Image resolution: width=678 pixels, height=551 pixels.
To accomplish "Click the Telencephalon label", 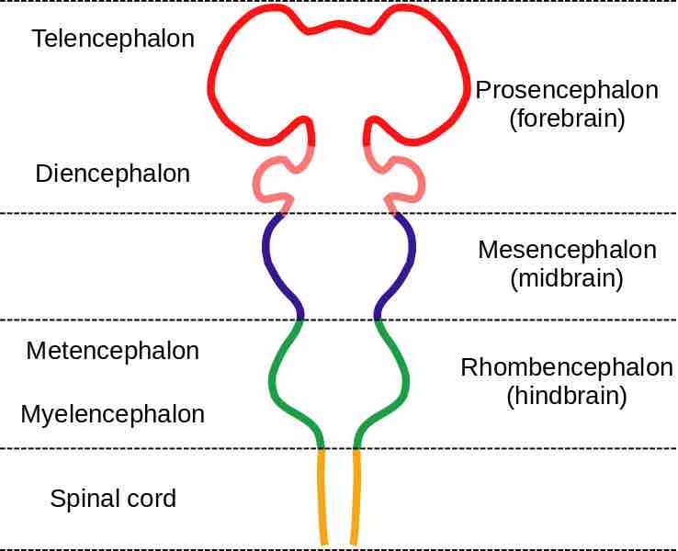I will click(x=112, y=39).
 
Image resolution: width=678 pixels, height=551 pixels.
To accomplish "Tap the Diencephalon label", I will click(x=112, y=174).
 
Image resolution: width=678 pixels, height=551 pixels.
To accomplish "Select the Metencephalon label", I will click(x=112, y=351).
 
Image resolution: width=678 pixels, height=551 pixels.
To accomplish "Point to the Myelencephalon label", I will click(x=112, y=414).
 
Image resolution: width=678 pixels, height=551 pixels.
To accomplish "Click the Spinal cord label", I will click(x=112, y=500).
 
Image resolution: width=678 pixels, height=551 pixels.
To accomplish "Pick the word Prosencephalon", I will click(x=566, y=90).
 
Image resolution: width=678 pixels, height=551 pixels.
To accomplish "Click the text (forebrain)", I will click(x=566, y=119).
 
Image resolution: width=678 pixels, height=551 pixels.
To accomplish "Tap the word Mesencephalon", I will click(x=566, y=250).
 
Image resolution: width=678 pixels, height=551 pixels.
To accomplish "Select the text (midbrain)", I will click(x=566, y=279).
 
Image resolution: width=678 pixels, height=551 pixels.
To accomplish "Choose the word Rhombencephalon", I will click(x=566, y=367).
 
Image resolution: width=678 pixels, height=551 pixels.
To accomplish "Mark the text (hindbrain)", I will click(x=566, y=397).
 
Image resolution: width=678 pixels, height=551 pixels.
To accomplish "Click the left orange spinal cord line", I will click(x=322, y=496).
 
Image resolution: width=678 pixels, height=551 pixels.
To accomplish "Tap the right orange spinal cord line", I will click(x=356, y=496).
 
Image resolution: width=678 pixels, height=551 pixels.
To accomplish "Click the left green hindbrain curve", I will click(x=273, y=377).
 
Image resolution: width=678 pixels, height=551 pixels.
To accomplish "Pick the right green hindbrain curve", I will click(x=405, y=377).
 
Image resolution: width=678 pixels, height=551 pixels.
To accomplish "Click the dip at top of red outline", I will click(x=339, y=30).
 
